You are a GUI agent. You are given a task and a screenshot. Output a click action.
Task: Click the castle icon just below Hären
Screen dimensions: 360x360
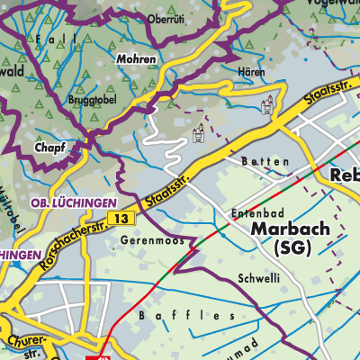point(265,108)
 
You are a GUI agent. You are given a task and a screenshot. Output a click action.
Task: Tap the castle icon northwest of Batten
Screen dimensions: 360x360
point(199,136)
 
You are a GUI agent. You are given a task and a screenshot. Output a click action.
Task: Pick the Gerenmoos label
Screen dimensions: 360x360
point(146,241)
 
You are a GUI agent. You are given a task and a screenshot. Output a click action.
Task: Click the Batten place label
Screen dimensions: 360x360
point(265,161)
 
